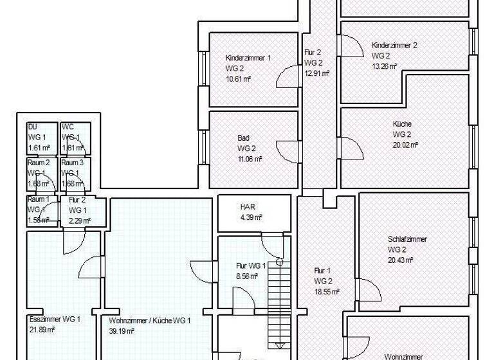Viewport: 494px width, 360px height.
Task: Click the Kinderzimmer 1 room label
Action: tap(248, 58)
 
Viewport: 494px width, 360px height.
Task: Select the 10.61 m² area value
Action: tap(238, 78)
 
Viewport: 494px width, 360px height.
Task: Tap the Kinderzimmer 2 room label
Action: tap(394, 45)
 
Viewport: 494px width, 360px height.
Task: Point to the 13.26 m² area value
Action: tap(385, 66)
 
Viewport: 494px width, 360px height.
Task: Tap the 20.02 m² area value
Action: tap(405, 145)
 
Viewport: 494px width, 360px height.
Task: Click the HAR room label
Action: tap(248, 207)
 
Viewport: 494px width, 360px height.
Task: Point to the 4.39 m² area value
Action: tap(250, 217)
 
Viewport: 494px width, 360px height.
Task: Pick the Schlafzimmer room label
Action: tap(407, 239)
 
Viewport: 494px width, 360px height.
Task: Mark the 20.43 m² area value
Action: tap(401, 259)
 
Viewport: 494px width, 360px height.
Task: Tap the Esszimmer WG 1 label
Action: tap(55, 319)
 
